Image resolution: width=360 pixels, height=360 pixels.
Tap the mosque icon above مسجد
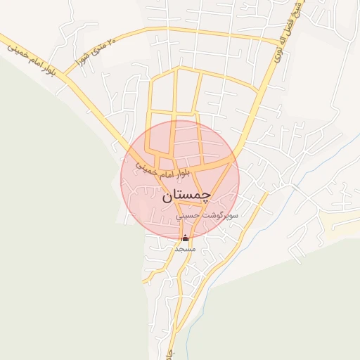pos(185,238)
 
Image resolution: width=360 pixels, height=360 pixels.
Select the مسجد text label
pos(185,248)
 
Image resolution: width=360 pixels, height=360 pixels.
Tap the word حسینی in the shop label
pos(189,217)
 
